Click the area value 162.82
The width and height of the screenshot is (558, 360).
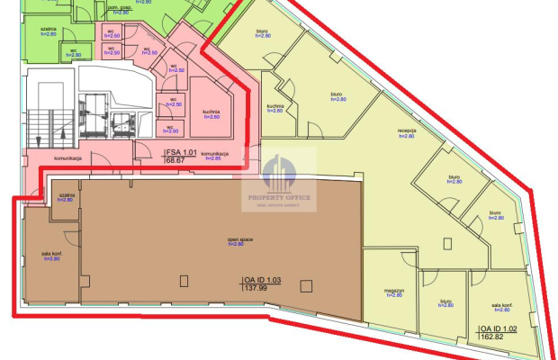tap(491, 338)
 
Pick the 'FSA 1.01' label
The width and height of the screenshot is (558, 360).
tap(181, 152)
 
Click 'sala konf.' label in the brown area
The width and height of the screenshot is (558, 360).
tap(50, 255)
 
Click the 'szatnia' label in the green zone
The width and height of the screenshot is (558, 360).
tap(38, 28)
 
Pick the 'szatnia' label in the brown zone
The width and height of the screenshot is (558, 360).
tap(65, 193)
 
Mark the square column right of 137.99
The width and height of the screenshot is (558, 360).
tap(306, 287)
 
